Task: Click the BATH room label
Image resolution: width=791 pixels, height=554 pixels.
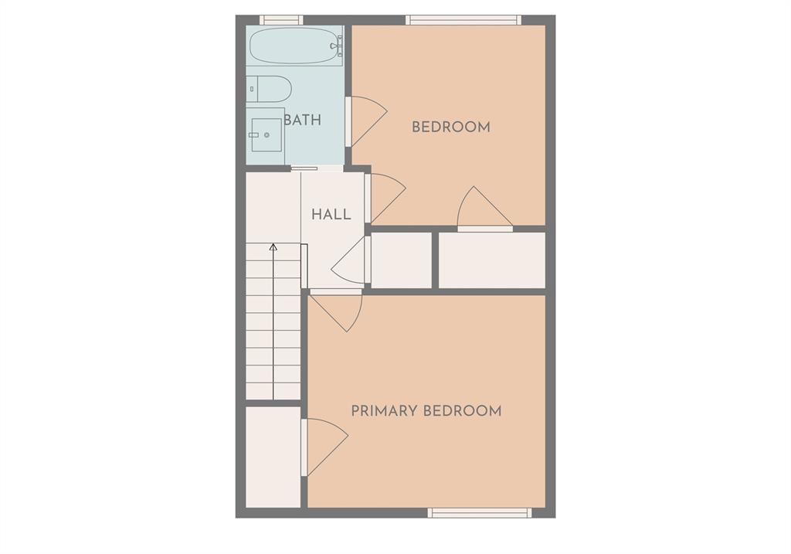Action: point(303,120)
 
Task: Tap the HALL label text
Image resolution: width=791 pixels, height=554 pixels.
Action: point(331,215)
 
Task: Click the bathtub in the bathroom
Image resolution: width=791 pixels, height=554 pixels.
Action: point(296,46)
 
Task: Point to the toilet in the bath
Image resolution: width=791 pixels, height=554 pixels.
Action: point(269,89)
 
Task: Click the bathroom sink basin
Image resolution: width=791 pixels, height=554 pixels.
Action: point(266,134)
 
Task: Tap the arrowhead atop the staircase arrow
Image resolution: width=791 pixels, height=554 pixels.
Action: point(273,247)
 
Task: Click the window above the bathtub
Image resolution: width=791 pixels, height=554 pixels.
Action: point(281,20)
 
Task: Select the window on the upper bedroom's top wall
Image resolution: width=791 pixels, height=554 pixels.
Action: point(463,20)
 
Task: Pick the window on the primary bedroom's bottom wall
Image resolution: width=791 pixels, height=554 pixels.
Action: point(480,512)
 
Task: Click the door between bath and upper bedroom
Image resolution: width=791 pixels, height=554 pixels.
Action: point(365,121)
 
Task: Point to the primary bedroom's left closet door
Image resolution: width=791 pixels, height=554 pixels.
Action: point(324,447)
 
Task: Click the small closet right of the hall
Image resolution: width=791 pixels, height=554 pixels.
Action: point(401,260)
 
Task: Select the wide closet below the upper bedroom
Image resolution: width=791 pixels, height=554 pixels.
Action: point(492,260)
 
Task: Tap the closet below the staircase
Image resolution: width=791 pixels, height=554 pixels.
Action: point(273,457)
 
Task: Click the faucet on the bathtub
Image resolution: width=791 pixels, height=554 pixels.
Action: point(336,46)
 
